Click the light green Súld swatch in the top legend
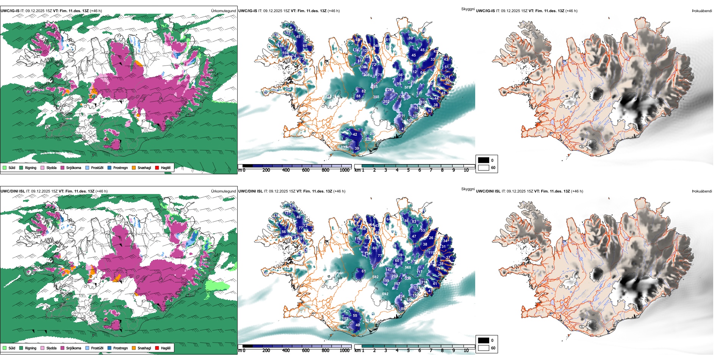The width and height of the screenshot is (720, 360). pos(5,167)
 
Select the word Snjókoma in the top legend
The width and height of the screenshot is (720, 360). pos(74,167)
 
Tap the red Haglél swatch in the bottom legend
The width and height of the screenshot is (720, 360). pos(157,348)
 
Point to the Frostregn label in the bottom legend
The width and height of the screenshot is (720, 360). pos(121,348)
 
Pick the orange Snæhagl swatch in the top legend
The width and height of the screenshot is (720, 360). pos(134,167)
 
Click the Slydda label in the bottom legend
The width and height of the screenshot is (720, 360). pos(51,348)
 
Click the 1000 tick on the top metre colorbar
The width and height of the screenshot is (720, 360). pos(344,171)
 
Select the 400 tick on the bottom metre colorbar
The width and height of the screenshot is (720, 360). pos(286,351)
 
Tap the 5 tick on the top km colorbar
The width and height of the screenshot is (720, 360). pos(408,171)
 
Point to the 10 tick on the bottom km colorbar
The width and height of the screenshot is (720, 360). pos(466,351)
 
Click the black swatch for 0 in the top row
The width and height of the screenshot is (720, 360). pos(484,160)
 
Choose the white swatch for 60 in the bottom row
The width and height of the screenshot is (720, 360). pos(484,348)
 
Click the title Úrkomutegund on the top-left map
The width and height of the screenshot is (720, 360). pos(223,11)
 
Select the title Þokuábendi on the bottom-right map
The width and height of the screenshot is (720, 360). pos(702,191)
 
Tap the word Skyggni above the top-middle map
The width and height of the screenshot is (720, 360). pos(468,9)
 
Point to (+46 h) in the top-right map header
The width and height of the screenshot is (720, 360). pos(570,11)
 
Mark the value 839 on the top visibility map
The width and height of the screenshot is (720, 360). pos(344,147)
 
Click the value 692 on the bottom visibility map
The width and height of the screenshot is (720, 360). pos(385,294)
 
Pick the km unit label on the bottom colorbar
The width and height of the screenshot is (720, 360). pos(357,351)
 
